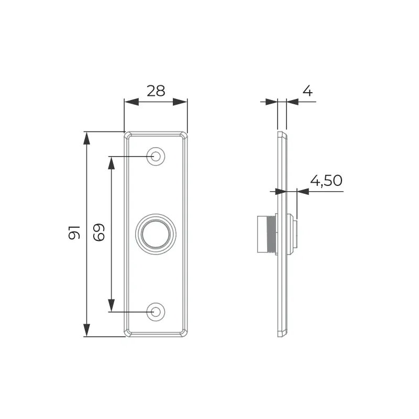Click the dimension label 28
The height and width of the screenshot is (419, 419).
point(156,91)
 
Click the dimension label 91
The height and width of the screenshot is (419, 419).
point(74,232)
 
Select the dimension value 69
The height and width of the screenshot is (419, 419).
point(99,232)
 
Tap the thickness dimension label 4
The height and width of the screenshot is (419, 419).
point(307,91)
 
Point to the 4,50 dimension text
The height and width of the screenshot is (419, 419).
point(326,181)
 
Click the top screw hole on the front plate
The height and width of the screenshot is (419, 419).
point(156,156)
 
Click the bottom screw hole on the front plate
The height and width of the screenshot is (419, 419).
point(156,312)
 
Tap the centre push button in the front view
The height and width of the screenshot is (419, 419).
point(156,234)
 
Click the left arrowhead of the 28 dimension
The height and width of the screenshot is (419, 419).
point(131,102)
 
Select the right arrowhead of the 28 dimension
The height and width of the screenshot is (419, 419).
point(180,102)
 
